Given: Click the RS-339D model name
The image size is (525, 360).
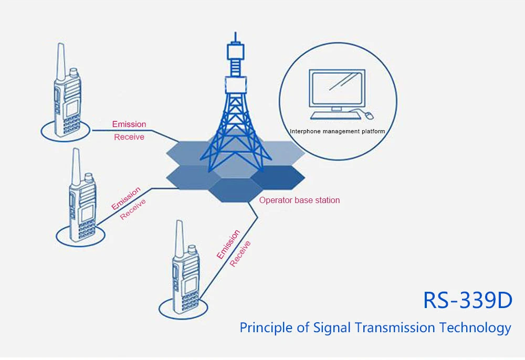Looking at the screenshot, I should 467,301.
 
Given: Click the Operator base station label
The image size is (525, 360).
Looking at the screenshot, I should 299,200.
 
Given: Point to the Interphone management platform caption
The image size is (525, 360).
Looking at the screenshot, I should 338,131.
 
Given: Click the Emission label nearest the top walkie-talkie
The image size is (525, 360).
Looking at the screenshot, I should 129,124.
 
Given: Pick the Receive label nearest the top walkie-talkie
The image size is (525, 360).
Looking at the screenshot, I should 129,137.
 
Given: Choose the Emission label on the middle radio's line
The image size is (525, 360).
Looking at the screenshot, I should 126,198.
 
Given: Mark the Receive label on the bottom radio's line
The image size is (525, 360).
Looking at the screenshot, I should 240,253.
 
